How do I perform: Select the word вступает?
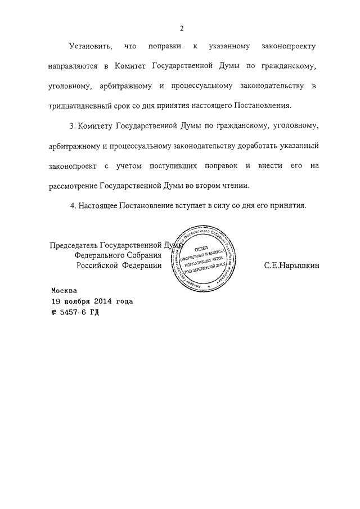179,206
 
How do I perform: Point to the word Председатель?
74,246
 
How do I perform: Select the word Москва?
63,291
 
